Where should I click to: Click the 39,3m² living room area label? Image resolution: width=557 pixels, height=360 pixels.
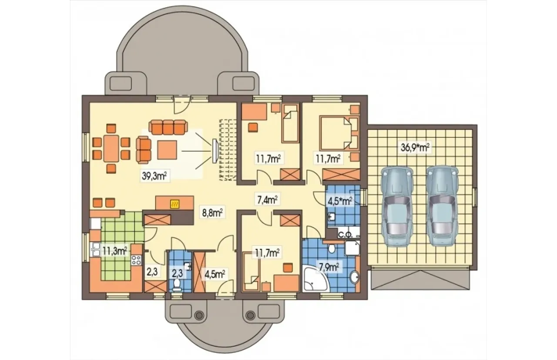[154, 176]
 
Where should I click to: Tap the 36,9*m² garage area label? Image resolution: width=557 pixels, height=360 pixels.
[415, 147]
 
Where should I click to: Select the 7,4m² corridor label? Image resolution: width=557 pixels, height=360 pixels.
[267, 200]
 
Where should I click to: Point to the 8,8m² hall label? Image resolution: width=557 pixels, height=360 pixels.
[212, 213]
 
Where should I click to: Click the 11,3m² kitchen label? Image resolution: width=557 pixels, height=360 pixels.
[115, 251]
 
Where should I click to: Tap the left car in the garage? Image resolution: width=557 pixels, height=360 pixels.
[397, 206]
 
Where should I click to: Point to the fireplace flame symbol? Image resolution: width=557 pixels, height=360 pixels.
[174, 204]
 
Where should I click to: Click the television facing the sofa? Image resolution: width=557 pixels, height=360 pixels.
[215, 151]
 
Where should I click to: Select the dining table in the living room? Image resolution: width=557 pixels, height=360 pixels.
[111, 149]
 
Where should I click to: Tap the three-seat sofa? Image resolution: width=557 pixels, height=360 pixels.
[168, 128]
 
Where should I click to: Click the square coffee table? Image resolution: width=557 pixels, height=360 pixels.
[167, 150]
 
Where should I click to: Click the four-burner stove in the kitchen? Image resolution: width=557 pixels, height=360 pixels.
[136, 260]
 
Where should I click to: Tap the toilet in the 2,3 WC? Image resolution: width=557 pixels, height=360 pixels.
[177, 285]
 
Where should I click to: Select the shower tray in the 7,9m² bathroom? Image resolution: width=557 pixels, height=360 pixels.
[352, 248]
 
